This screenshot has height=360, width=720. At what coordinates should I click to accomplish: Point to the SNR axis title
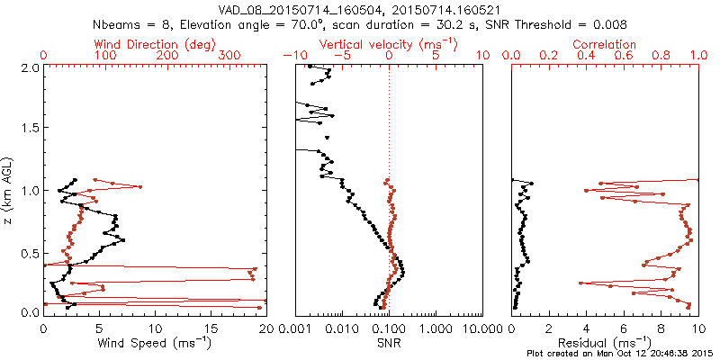click(x=388, y=343)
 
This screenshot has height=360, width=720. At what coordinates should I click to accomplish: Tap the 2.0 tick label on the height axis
click(x=29, y=67)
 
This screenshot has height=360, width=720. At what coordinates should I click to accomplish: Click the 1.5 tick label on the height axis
click(x=29, y=129)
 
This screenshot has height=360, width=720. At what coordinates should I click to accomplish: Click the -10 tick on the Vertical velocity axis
click(x=292, y=56)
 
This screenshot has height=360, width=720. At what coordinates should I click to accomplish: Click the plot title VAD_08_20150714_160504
click(x=298, y=11)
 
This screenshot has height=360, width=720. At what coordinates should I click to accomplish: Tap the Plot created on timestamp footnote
click(x=621, y=354)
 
